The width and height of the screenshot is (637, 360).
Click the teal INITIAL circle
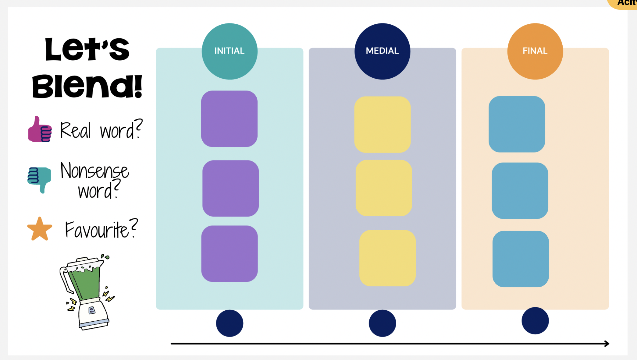[x=230, y=51]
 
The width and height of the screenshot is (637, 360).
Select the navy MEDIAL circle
[x=382, y=51]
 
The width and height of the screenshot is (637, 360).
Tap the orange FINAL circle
[x=535, y=51]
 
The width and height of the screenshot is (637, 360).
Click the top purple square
[x=229, y=119]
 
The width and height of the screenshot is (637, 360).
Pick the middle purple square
[x=230, y=188]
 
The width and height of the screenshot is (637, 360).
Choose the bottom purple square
[x=230, y=253]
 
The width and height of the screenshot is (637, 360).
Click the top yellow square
[x=383, y=124]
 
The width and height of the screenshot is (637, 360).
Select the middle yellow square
[x=384, y=188]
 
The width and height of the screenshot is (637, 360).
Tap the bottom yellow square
[x=387, y=258]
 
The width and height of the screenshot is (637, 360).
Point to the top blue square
[x=517, y=124]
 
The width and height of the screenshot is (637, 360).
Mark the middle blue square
[x=520, y=191]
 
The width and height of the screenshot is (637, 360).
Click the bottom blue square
[x=521, y=259]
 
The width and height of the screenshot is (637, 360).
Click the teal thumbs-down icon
[x=39, y=179]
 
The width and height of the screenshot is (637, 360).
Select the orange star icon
[x=40, y=229]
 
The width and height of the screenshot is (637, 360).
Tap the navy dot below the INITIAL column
[x=230, y=323]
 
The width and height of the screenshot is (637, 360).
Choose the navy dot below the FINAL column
[x=535, y=320]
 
